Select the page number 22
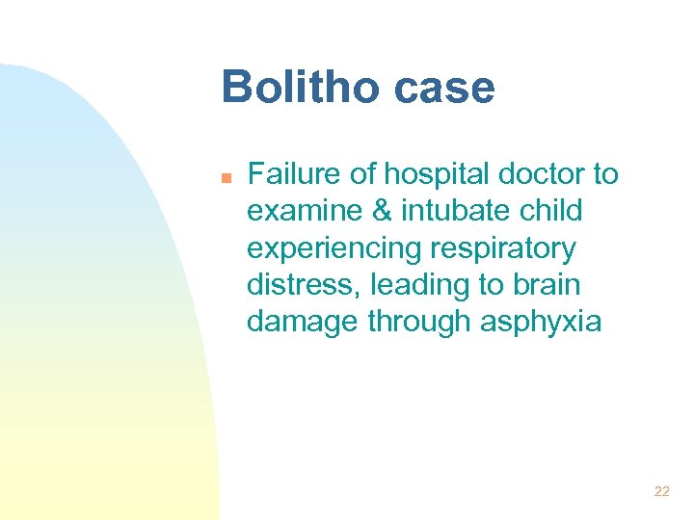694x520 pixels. [661, 491]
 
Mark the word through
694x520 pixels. [420, 322]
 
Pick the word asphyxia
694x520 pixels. [540, 322]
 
